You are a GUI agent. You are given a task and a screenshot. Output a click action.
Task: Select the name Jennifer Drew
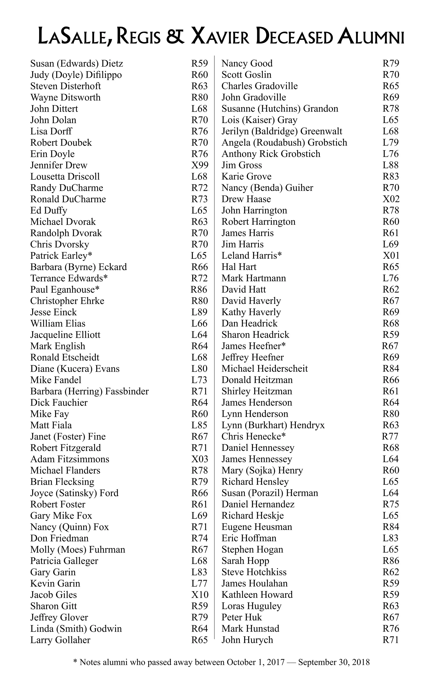coord(59,165)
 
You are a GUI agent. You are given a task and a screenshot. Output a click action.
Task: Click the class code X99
coord(199,165)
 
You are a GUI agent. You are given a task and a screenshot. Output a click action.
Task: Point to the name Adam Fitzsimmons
coord(70,459)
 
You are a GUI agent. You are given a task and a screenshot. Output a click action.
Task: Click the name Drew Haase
coord(246,199)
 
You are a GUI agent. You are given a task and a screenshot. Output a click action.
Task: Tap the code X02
coord(391,199)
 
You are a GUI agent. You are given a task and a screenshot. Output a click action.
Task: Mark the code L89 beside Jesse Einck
coord(199,312)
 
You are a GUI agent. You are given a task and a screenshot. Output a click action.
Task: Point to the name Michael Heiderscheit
coord(265,369)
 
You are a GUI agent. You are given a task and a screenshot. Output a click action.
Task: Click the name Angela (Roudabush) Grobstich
coord(284,142)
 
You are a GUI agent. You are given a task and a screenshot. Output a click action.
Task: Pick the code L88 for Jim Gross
coord(390,165)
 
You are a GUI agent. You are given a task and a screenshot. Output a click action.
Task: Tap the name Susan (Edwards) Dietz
coord(77,63)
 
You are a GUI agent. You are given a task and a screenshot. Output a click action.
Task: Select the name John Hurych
coord(247,640)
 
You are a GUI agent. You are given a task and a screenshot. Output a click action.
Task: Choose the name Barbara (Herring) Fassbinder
coord(89,391)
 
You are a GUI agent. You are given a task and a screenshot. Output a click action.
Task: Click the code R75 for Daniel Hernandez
coord(391,504)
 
